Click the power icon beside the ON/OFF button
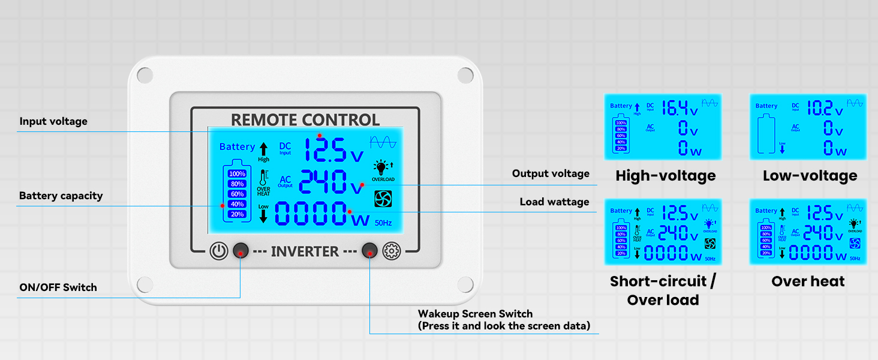219,251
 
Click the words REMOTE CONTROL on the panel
305,119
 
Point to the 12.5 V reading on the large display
333,150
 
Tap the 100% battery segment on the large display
237,174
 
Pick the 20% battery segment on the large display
237,214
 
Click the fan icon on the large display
383,199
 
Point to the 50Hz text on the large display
383,223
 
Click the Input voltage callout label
53,122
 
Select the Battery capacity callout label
61,196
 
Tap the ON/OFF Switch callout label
58,287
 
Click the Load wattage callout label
554,202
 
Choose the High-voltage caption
665,176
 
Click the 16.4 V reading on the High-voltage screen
679,109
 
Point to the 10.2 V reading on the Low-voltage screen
825,109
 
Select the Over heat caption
808,281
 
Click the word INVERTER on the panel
305,251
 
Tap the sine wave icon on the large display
383,142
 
